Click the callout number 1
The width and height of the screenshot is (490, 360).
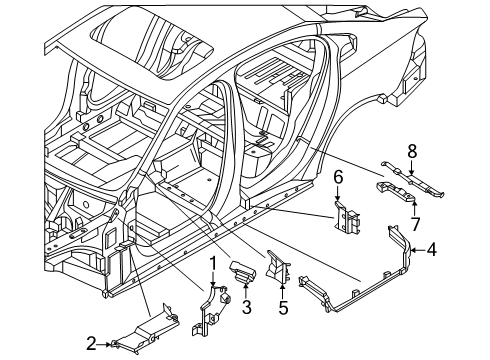[213, 264]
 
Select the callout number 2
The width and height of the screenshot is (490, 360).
[91, 344]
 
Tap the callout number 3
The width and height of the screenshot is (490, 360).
[246, 307]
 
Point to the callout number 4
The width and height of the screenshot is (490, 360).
[432, 249]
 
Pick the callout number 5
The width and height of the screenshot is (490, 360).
[283, 307]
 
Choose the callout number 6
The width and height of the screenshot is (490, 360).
[338, 178]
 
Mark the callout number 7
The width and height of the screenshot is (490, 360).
[415, 224]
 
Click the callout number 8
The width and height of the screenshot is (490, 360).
[412, 152]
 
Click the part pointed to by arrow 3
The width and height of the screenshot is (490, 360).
[242, 271]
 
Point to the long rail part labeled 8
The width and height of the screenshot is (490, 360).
[413, 178]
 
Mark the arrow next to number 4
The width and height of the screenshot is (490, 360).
[418, 249]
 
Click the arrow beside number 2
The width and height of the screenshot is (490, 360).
[104, 344]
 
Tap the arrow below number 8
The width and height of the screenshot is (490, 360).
[412, 168]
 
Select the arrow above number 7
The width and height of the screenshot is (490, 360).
[414, 208]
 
